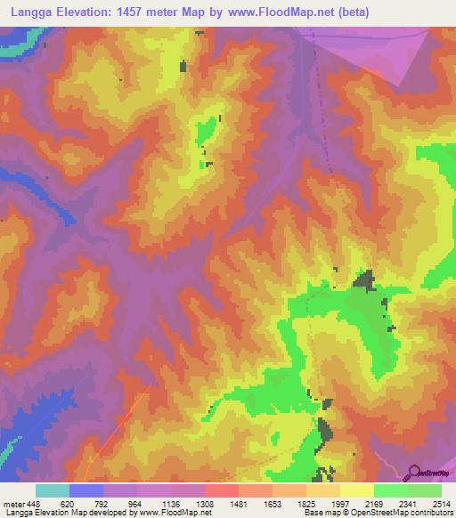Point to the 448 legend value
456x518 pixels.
click(33, 503)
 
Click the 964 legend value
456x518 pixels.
click(136, 503)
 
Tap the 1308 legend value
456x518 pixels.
click(204, 503)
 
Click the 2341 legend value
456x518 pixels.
click(407, 503)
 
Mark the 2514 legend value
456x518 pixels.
click(441, 503)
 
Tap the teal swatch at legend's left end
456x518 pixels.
click(53, 490)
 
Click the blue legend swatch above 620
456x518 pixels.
click(86, 490)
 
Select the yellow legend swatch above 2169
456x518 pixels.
click(357, 490)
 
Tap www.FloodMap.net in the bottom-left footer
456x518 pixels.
click(169, 513)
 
